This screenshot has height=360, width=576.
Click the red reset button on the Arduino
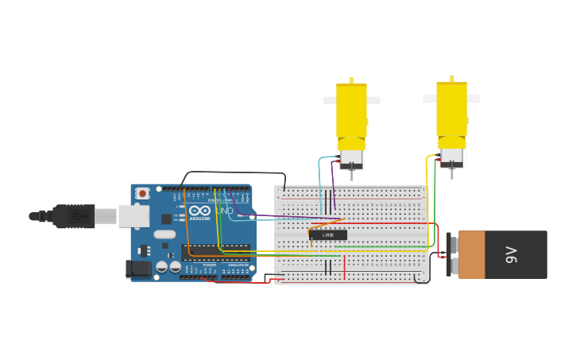[142, 193]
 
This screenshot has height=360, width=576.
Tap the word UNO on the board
[225, 211]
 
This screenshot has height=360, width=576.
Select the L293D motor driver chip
[328, 234]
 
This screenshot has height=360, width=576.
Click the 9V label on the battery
[512, 255]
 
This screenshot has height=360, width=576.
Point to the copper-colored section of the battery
[471, 255]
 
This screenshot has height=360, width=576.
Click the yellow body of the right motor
[451, 108]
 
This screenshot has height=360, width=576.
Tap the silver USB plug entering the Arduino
[106, 215]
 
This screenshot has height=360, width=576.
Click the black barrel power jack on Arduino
[139, 269]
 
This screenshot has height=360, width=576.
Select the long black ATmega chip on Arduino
[215, 253]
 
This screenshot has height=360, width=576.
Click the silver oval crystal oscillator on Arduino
[164, 234]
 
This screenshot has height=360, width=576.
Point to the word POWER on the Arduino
[209, 265]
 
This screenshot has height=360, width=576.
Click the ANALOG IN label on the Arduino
[237, 265]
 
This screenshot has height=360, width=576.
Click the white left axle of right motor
[430, 99]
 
